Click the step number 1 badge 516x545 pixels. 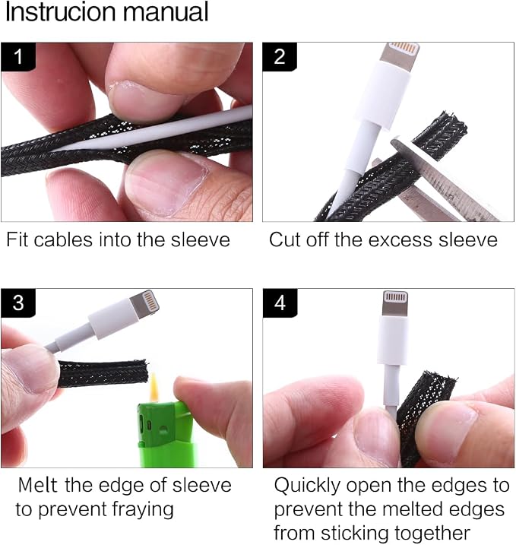18,57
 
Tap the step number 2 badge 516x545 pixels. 280,57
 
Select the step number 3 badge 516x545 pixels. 18,303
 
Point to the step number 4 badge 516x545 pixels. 280,303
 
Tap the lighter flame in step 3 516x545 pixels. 154,388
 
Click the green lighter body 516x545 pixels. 166,435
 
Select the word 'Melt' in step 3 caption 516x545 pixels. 37,485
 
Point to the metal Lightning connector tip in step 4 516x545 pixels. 395,303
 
